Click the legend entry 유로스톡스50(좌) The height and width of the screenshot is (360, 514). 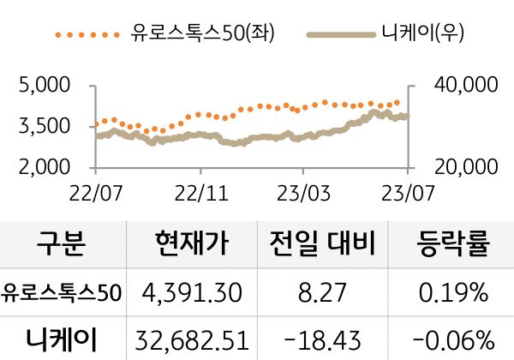202,34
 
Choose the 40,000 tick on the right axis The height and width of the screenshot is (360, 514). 467,87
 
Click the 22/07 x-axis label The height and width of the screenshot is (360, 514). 96,189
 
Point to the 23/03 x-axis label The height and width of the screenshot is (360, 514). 306,189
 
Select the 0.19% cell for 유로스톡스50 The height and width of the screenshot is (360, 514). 453,293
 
